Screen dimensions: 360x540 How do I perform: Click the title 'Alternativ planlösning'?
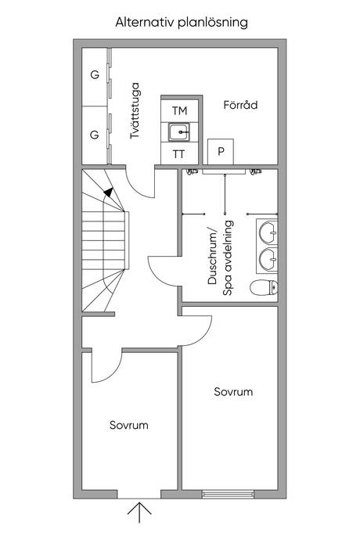(182, 23)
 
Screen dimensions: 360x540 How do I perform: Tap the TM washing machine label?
(179, 111)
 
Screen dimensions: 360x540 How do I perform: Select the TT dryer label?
(178, 154)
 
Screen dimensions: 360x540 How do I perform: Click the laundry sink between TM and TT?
(179, 132)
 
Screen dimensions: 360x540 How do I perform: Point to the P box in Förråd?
(221, 152)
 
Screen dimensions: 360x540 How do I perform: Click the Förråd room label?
(240, 105)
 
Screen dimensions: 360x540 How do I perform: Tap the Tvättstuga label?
(135, 110)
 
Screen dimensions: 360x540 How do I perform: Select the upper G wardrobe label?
(95, 74)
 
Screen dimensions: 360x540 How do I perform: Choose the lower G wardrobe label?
(95, 135)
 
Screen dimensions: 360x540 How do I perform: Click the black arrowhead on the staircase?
(109, 193)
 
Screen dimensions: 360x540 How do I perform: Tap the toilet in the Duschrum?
(264, 288)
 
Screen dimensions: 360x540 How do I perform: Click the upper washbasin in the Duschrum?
(268, 232)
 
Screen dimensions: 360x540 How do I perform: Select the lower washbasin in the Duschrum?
(268, 259)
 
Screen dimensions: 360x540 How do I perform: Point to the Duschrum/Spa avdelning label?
(221, 258)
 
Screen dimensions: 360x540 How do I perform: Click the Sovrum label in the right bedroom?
(233, 392)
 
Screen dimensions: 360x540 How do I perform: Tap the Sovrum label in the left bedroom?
(129, 425)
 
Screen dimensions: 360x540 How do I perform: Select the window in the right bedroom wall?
(228, 494)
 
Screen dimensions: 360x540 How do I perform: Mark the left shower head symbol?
(192, 171)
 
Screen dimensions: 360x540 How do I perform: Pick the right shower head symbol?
(256, 171)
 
